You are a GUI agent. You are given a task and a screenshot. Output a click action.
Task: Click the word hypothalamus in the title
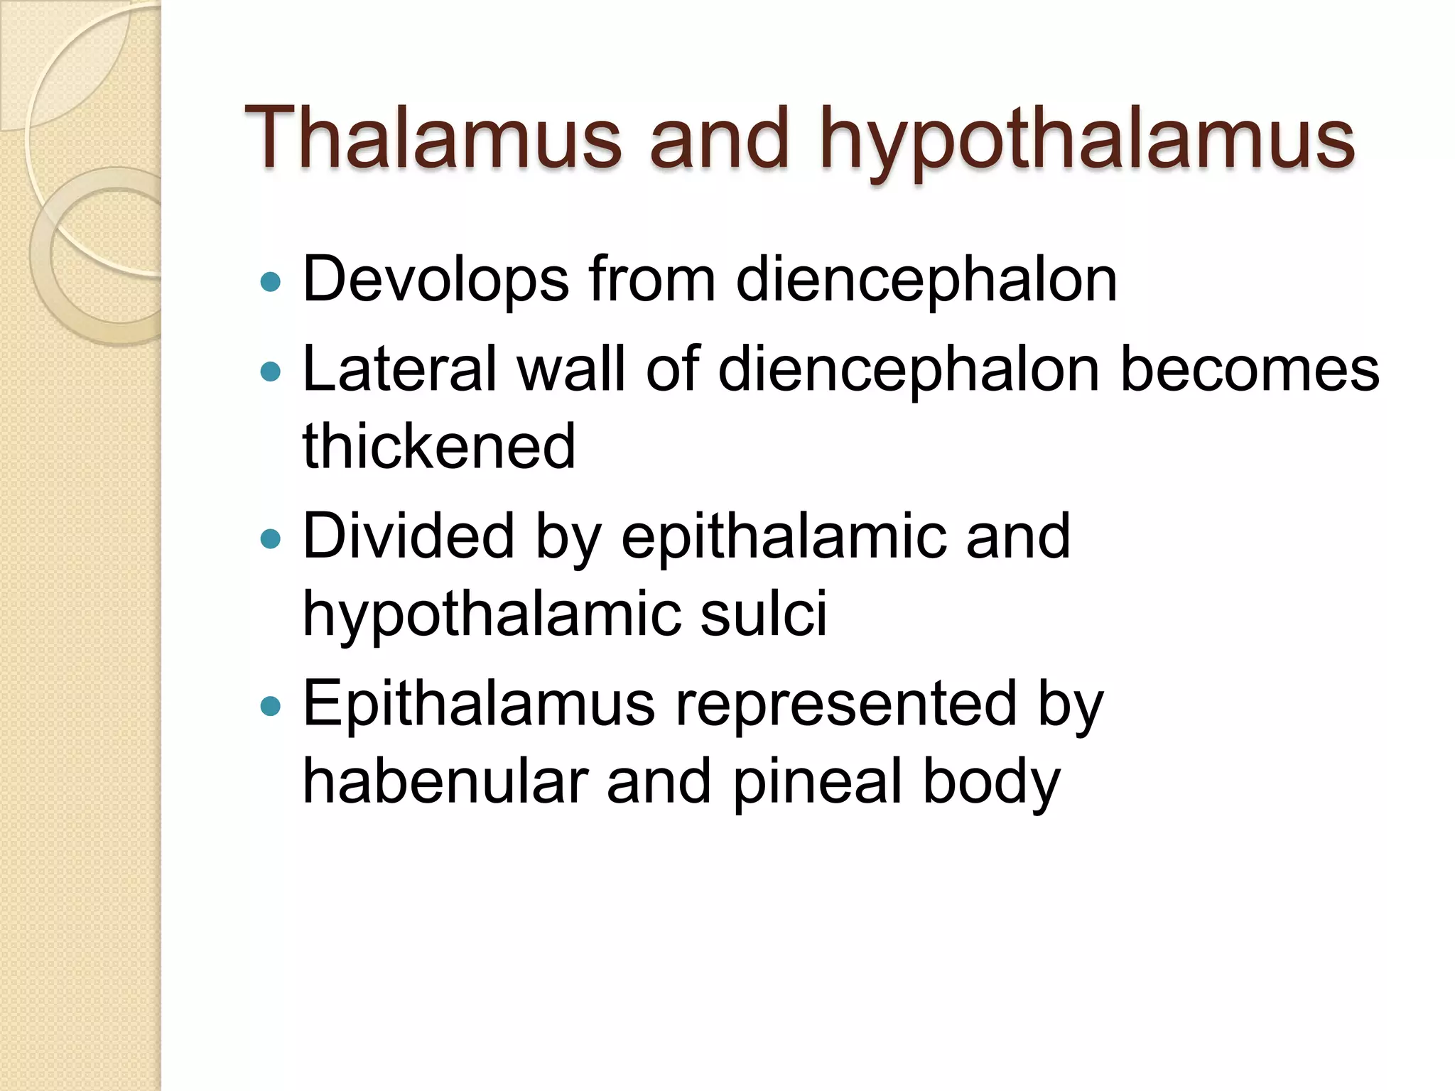pyautogui.click(x=1087, y=142)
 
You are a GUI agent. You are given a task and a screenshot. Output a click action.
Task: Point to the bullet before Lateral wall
pyautogui.click(x=271, y=371)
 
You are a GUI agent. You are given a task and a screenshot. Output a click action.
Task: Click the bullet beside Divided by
pyautogui.click(x=271, y=539)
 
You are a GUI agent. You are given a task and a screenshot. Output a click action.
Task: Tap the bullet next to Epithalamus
pyautogui.click(x=271, y=706)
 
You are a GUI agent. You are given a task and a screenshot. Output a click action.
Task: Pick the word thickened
pyautogui.click(x=439, y=447)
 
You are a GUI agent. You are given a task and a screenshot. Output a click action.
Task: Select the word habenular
pyautogui.click(x=445, y=781)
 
